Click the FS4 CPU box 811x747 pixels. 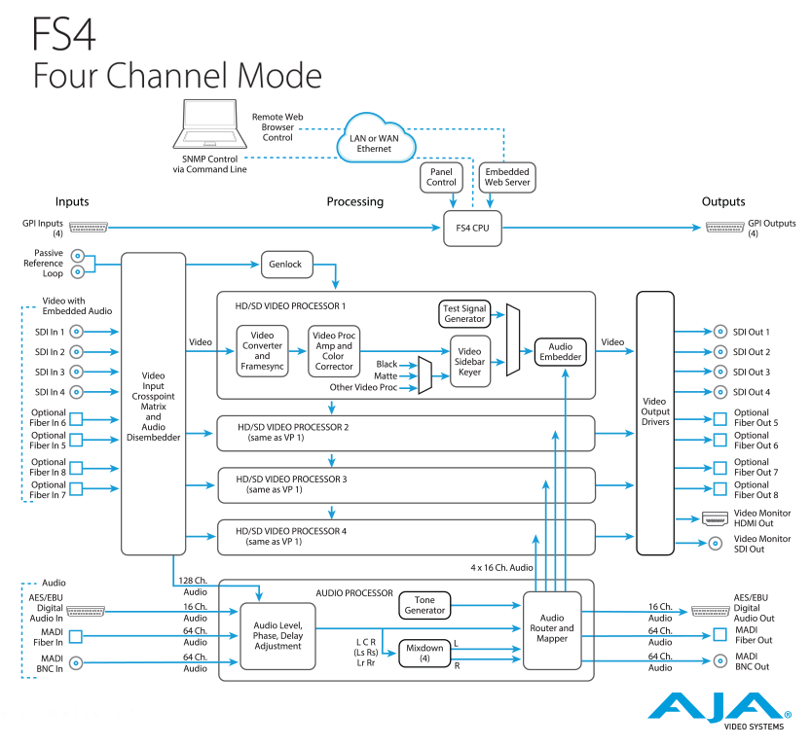472,228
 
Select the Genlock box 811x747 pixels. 286,265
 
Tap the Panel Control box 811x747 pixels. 441,177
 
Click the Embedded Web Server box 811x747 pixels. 507,177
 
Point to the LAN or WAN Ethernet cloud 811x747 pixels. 375,139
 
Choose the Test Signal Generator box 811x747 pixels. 464,313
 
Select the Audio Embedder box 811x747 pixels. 560,352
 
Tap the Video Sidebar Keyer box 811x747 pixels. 469,361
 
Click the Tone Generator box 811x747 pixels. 424,605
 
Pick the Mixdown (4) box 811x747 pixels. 424,653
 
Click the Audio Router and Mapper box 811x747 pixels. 552,630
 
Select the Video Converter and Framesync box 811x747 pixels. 262,351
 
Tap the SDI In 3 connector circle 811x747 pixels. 76,372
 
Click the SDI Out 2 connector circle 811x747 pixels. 720,352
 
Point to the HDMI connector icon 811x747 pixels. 715,518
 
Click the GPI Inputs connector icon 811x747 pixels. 89,228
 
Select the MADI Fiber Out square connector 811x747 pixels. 720,634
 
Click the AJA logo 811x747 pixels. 719,711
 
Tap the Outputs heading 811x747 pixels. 723,201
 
